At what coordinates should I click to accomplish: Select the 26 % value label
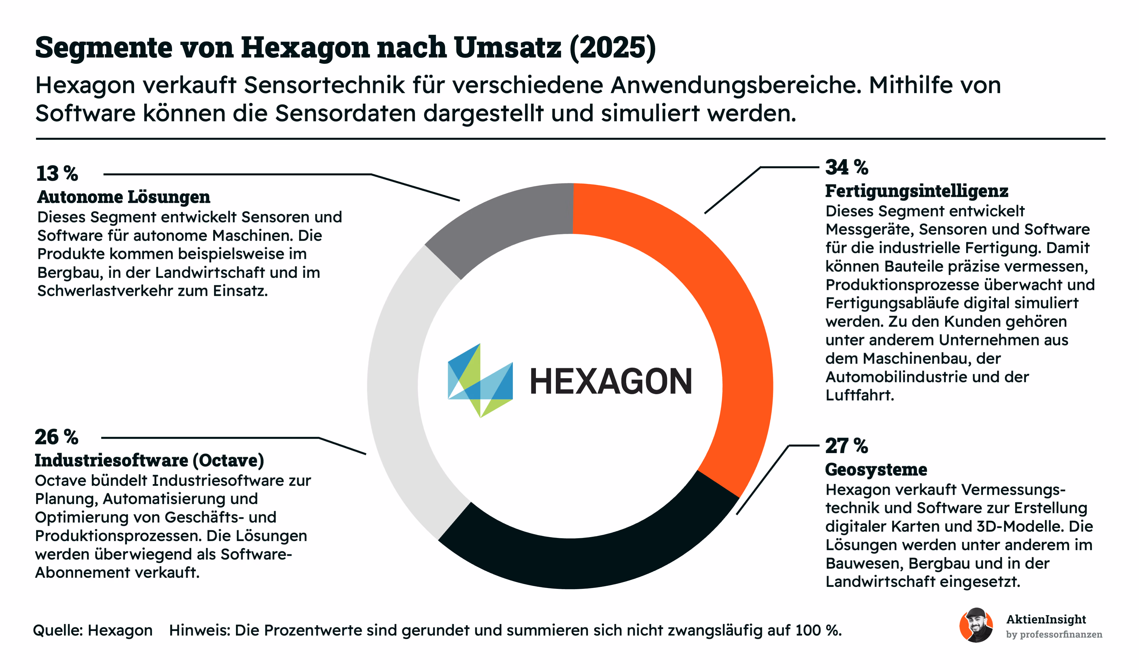coord(56,437)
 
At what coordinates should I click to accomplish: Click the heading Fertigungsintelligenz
coord(917,191)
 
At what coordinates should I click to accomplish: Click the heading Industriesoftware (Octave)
coord(149,460)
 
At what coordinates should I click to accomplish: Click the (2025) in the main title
coord(613,48)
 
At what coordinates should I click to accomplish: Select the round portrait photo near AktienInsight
coord(976,625)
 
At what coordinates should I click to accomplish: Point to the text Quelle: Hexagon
coord(93,630)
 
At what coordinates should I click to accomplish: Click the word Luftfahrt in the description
coord(860,396)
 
